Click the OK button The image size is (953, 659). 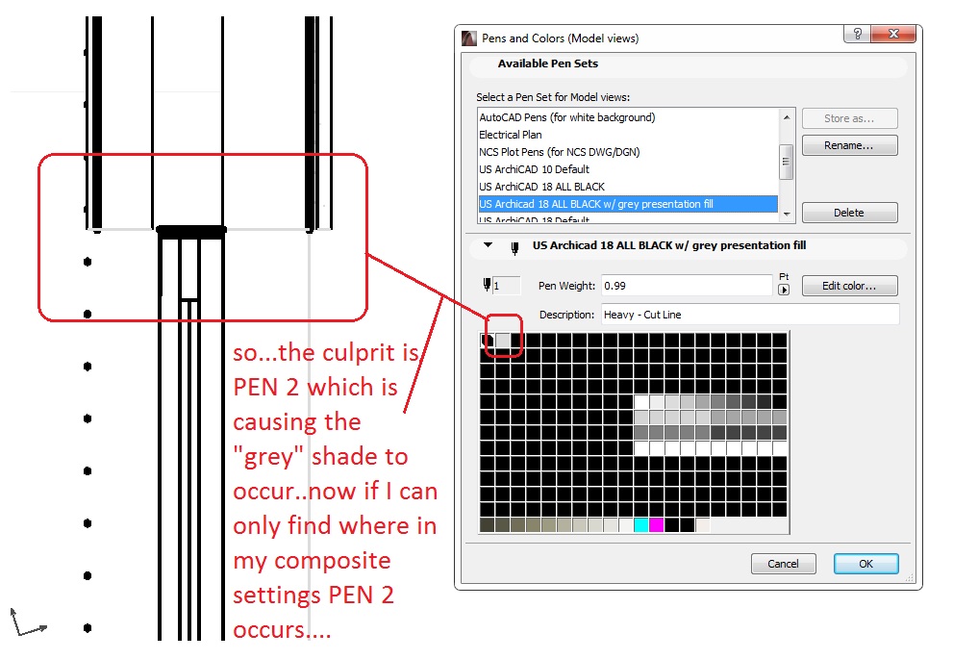(x=865, y=564)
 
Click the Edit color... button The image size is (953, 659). (x=849, y=286)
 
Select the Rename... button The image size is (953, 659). (x=849, y=146)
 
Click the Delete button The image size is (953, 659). (x=849, y=213)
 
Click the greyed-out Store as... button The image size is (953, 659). (x=849, y=118)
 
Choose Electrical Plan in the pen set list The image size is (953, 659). (x=511, y=135)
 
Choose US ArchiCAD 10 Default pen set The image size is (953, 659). (x=534, y=169)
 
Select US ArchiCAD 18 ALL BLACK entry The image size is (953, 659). (x=541, y=187)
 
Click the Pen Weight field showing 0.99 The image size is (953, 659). (x=687, y=286)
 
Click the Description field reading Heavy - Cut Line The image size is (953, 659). (x=749, y=315)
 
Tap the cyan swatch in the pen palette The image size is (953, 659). (x=641, y=525)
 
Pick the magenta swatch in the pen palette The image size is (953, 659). (x=657, y=525)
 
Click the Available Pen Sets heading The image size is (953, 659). (x=547, y=63)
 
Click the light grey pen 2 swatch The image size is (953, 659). (x=503, y=341)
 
